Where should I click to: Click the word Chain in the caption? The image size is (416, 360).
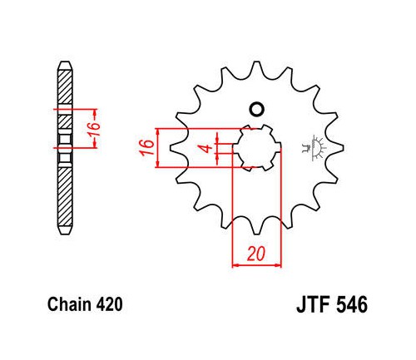click(70, 304)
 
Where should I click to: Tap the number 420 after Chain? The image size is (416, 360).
click(109, 304)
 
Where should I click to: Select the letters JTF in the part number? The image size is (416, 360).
click(314, 305)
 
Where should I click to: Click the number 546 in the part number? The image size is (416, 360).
click(352, 305)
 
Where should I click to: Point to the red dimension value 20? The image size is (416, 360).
click(256, 254)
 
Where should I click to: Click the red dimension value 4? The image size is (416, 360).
click(206, 148)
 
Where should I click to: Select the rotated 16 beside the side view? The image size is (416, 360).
click(94, 129)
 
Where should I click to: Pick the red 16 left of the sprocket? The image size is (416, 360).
click(146, 148)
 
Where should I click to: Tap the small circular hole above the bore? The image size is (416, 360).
click(256, 109)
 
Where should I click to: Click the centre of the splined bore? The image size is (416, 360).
click(257, 147)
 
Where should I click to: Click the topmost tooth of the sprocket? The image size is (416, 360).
click(256, 69)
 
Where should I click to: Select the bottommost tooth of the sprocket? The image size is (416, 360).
click(257, 226)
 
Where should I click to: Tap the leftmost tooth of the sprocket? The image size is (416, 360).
click(177, 148)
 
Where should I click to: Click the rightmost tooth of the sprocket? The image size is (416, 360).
click(334, 148)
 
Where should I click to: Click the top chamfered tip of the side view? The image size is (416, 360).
click(65, 66)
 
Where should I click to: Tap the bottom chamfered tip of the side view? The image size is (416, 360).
click(65, 230)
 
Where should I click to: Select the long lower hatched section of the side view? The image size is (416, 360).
click(65, 196)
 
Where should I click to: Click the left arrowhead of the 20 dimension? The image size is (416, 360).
click(235, 265)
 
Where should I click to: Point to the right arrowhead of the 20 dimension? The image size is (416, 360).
click(278, 265)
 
